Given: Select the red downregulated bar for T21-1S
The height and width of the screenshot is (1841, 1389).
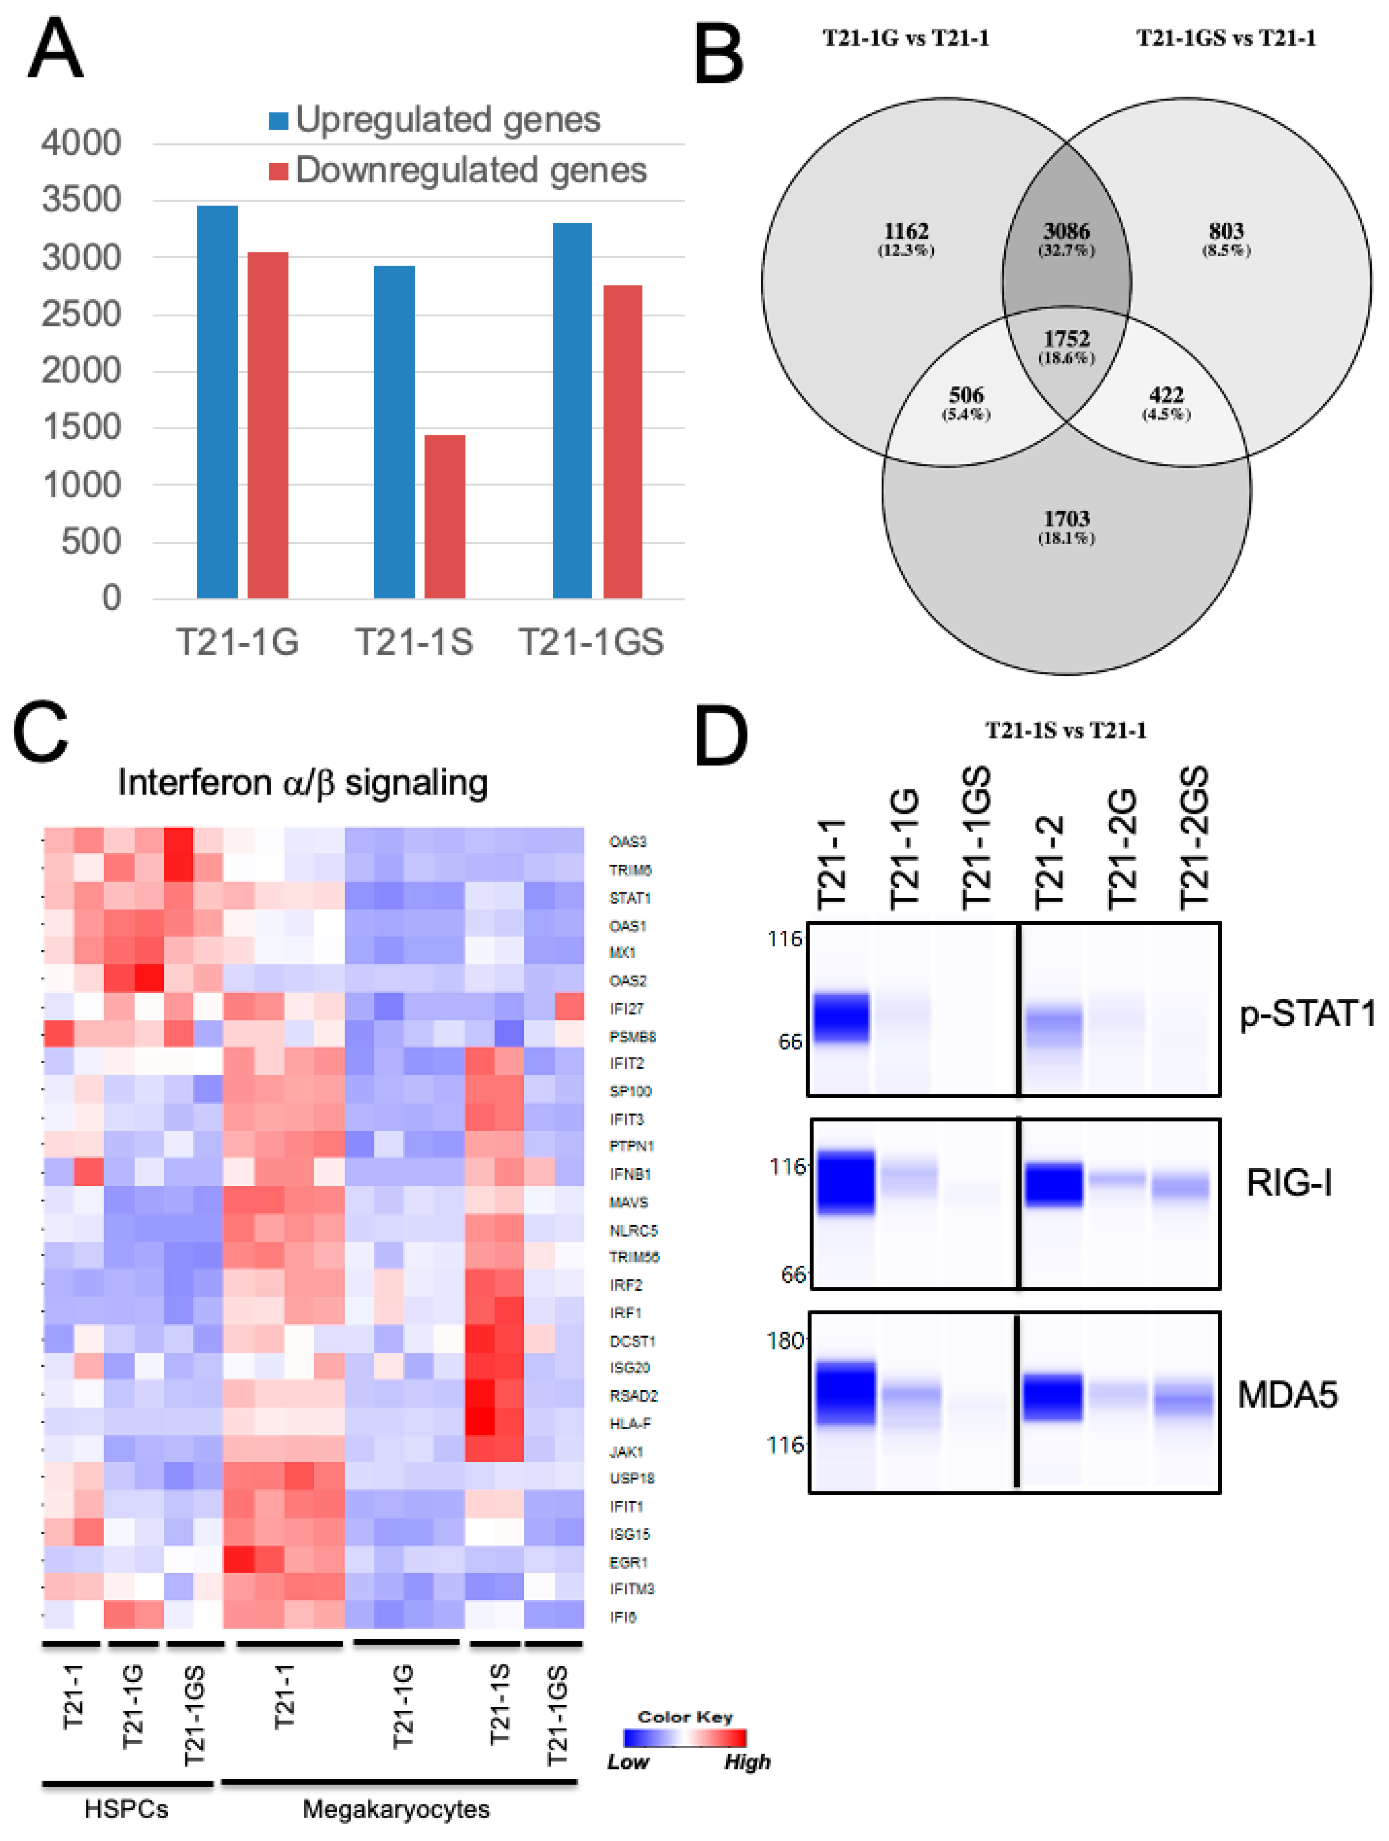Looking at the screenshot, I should coord(444,516).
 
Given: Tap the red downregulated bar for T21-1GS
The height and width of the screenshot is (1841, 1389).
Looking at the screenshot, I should coord(623,441).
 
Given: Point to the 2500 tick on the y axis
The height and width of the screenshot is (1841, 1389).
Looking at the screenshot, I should coord(82,315).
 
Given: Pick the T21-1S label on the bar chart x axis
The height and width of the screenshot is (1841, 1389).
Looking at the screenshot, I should coord(413,642).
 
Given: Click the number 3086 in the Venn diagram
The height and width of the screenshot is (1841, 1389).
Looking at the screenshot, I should coord(1066,231).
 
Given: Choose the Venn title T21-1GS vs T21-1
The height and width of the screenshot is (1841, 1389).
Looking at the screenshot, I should coord(1226,38).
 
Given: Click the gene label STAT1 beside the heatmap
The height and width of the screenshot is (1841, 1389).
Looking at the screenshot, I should coord(630,898).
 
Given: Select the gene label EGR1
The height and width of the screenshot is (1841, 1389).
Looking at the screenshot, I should coord(628,1562).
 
